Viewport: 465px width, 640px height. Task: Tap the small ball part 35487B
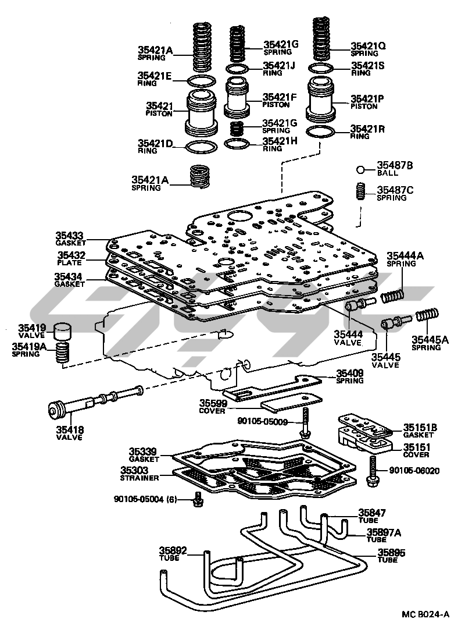361,170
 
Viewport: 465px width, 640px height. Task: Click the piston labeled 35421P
320,102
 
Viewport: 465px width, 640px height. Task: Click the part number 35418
70,430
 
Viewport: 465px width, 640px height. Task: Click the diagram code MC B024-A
425,614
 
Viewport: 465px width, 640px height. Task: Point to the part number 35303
135,470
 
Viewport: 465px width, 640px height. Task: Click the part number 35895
391,552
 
